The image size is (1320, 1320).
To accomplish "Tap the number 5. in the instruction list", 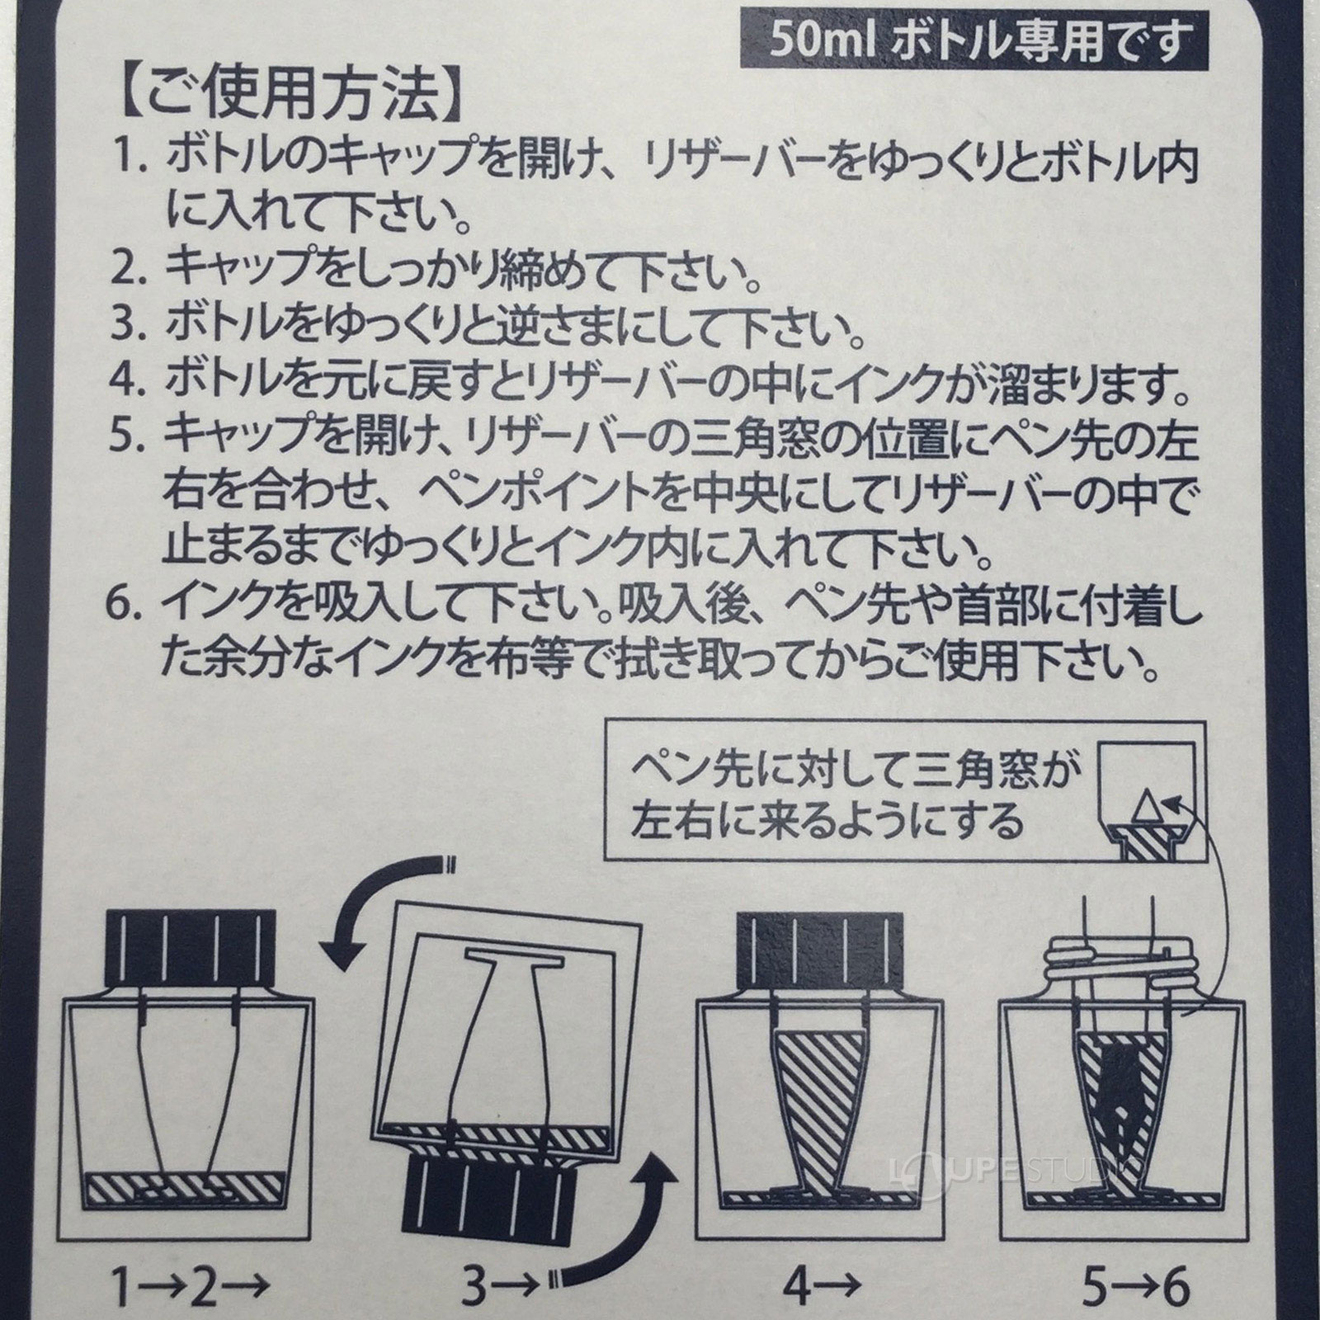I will point(132,439).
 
